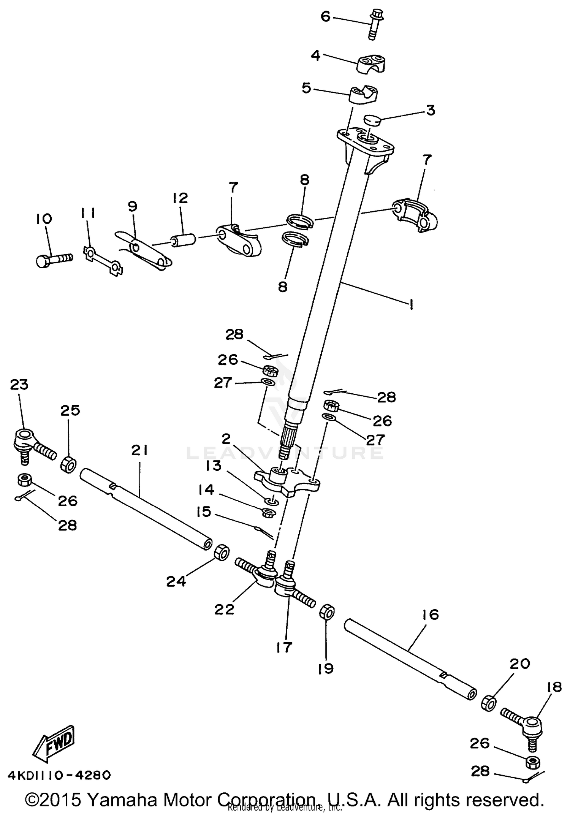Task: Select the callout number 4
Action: pyautogui.click(x=315, y=56)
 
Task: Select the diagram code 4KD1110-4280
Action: pyautogui.click(x=59, y=775)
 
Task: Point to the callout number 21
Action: pyautogui.click(x=139, y=451)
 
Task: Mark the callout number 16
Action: pyautogui.click(x=430, y=614)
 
